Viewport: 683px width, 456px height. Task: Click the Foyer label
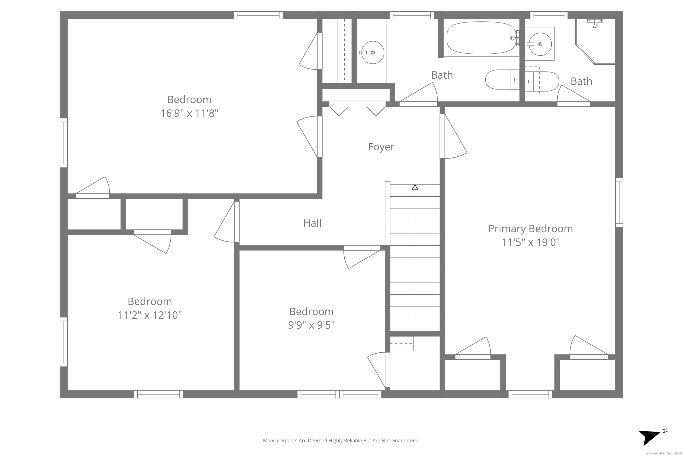click(381, 147)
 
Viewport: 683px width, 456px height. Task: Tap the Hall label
click(312, 223)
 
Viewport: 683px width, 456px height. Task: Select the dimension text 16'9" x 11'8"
click(189, 113)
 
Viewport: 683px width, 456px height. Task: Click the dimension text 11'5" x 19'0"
click(530, 242)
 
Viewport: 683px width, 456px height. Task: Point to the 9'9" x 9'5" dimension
click(311, 325)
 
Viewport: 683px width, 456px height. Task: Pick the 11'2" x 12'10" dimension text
click(150, 315)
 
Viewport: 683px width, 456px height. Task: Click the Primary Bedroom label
click(530, 229)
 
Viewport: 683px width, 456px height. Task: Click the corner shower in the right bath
click(595, 42)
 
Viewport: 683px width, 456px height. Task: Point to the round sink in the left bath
click(373, 52)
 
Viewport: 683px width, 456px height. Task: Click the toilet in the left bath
click(502, 79)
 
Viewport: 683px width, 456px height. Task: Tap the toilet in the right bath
click(542, 81)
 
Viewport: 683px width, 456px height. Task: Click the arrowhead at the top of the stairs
click(415, 187)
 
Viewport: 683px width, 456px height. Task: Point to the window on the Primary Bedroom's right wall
click(619, 202)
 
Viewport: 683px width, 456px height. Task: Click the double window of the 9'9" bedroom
click(339, 394)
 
